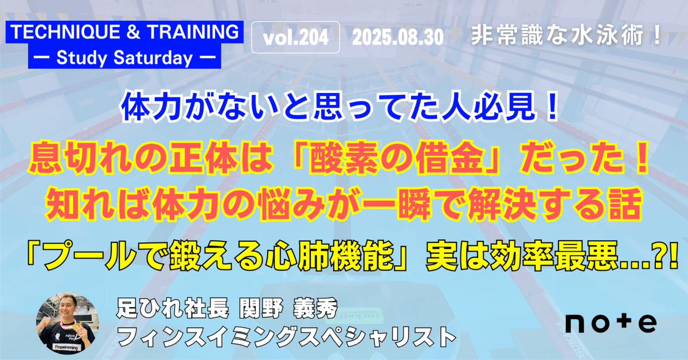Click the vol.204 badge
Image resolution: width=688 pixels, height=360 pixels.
coord(296,37)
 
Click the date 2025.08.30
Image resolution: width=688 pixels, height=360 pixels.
coord(398,37)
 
